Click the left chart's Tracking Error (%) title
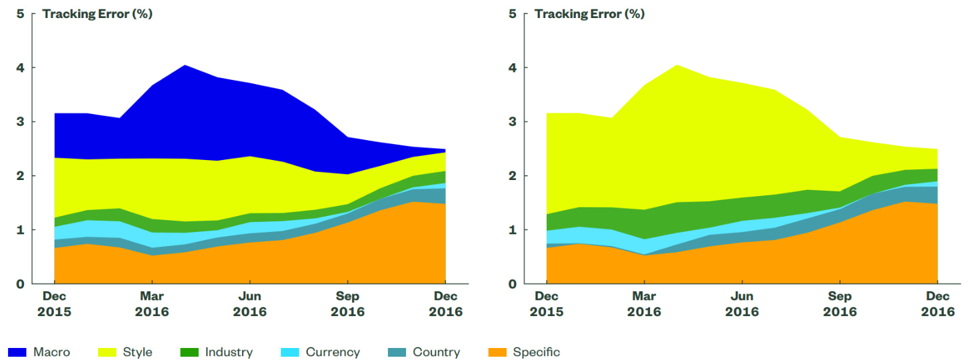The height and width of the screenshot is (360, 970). click(97, 13)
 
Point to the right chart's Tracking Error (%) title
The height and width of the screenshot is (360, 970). click(589, 13)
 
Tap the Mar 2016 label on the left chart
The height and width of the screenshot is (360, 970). click(152, 304)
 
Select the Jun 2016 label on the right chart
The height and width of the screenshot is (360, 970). click(742, 304)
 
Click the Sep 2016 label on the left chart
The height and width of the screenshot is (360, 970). click(347, 304)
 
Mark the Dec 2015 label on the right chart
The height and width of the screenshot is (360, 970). click(547, 304)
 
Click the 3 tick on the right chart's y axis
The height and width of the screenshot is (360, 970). click(513, 121)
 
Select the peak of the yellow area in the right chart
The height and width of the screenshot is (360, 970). click(677, 66)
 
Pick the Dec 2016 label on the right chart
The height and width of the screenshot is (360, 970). click(938, 304)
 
